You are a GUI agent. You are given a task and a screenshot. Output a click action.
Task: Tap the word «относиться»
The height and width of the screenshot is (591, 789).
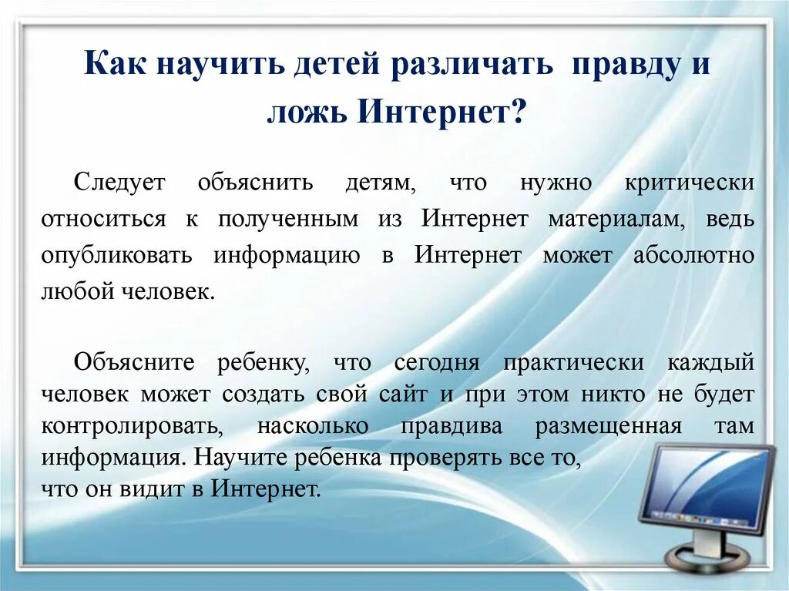pyautogui.click(x=104, y=219)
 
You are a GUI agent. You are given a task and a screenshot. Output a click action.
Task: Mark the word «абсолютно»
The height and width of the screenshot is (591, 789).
pyautogui.click(x=693, y=255)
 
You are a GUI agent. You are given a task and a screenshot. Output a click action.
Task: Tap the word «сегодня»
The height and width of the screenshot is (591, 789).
pyautogui.click(x=437, y=362)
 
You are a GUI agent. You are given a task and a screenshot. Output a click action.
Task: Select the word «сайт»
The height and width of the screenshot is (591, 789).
pyautogui.click(x=403, y=395)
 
